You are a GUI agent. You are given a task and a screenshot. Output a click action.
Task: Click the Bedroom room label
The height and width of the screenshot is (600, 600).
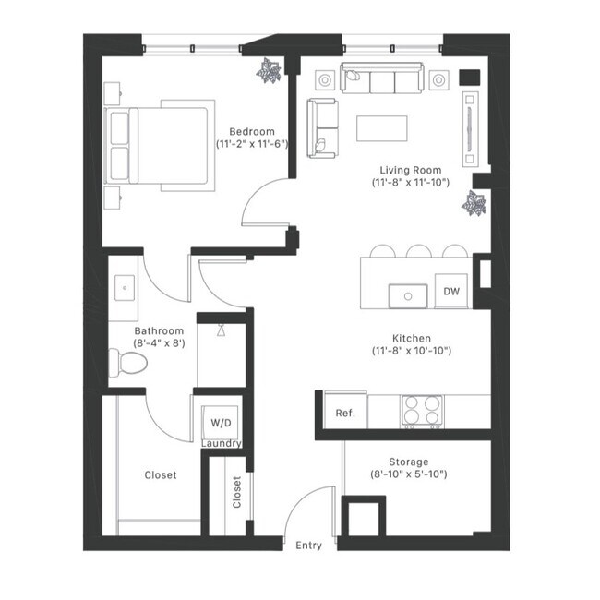pyautogui.click(x=251, y=131)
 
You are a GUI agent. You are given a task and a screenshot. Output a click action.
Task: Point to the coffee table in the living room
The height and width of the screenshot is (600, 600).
pyautogui.click(x=381, y=127)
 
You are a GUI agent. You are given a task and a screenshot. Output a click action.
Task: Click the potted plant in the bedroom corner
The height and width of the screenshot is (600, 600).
pyautogui.click(x=270, y=70)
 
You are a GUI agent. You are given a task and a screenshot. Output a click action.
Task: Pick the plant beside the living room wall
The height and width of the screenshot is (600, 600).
pyautogui.click(x=476, y=203)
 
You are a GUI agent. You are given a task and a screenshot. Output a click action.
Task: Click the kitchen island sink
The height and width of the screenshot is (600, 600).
pyautogui.click(x=406, y=295)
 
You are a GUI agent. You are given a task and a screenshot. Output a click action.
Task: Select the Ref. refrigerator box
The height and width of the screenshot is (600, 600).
pyautogui.click(x=345, y=413)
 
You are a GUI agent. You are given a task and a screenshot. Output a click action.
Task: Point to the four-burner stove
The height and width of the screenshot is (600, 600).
pyautogui.click(x=421, y=409)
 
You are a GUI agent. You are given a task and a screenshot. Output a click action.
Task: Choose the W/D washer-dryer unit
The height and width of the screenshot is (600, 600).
pyautogui.click(x=222, y=423)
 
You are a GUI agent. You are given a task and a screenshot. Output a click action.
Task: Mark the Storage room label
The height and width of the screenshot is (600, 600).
pyautogui.click(x=408, y=462)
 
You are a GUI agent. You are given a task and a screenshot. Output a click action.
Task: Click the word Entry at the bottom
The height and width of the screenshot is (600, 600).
pyautogui.click(x=308, y=546)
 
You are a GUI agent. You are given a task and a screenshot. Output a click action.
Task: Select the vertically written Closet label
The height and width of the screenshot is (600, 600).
pyautogui.click(x=237, y=492)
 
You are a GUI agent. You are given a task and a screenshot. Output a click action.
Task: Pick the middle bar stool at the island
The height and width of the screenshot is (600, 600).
pyautogui.click(x=419, y=252)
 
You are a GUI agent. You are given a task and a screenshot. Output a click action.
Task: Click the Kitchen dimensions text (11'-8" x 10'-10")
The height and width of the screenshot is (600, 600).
pyautogui.click(x=412, y=352)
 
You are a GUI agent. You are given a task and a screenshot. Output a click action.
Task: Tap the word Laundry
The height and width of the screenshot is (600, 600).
pyautogui.click(x=222, y=444)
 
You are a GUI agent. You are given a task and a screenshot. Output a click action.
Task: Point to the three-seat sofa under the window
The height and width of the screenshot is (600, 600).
pyautogui.click(x=381, y=80)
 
